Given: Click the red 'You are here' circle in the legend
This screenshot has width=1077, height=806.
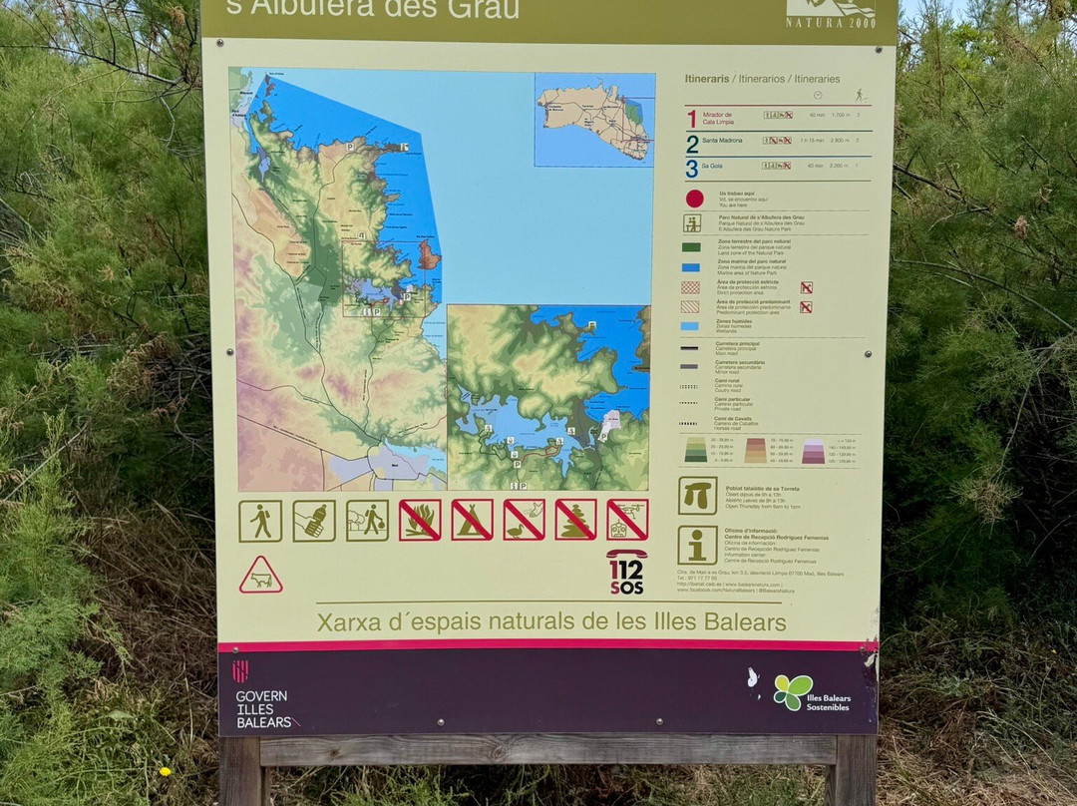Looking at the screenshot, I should coord(694,198).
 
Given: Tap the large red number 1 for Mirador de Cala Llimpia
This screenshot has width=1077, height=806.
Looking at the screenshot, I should coord(691,118).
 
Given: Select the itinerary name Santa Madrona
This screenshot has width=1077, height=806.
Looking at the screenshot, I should coord(722,140).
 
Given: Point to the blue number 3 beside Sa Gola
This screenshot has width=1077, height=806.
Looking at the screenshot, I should coord(691,168).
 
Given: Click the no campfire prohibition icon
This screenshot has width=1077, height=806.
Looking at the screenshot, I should coord(420,520).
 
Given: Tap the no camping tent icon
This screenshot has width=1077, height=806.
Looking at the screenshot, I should coord(472,520).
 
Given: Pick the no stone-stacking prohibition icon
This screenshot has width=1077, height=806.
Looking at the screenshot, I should coord(575,520).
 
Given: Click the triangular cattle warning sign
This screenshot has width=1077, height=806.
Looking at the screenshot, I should coord(260,577).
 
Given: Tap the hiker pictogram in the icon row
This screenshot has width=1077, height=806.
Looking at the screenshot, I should coord(260,521).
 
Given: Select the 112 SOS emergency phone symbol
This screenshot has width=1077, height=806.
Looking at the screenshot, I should coord(626,572).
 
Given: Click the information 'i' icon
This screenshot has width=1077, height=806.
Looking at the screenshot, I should coord(697,545).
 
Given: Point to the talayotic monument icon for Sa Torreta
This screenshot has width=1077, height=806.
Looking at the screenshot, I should coord(697,496).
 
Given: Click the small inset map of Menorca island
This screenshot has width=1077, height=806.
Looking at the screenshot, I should coord(594,119).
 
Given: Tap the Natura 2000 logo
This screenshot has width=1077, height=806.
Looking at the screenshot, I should coord(831,14).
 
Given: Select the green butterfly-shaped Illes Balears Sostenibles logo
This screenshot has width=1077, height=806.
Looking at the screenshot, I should coord(792,691).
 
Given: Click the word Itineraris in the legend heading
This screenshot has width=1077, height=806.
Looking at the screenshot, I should coord(707,79).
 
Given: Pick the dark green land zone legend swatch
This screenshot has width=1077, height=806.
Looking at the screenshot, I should coord(691,246).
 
